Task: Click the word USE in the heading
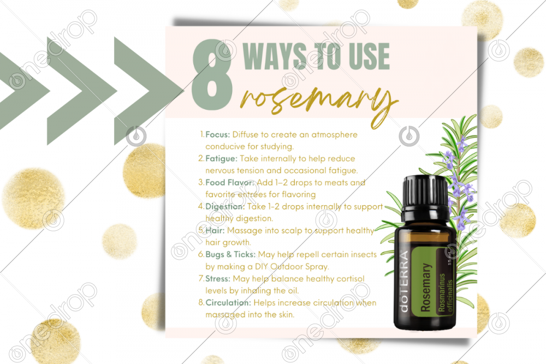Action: tap(369, 56)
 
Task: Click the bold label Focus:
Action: tap(218, 135)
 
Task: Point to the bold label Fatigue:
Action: tap(221, 159)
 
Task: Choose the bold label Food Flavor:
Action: tap(230, 183)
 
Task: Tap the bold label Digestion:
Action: tap(225, 207)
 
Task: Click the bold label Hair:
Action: tap(215, 231)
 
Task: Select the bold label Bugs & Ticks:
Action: tap(230, 255)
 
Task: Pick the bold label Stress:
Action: tap(218, 279)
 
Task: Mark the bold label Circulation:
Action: tap(228, 303)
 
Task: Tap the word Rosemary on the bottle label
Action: tap(425, 288)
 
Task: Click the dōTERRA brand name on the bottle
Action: tap(404, 282)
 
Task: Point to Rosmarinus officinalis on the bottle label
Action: tap(446, 293)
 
